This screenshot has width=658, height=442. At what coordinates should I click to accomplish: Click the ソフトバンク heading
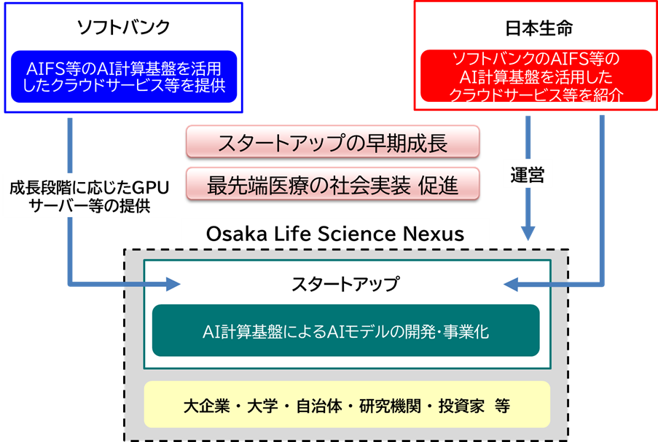coord(123,28)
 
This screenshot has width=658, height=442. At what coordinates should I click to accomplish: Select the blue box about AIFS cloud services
coord(123,76)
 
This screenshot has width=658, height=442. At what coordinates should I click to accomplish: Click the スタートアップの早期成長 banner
coord(333,142)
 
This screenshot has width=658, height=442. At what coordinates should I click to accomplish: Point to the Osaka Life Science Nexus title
coord(335,234)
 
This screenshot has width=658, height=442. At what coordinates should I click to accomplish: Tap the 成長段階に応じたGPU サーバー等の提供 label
coord(89,197)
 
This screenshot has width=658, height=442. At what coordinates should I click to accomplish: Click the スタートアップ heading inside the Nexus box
coord(345,284)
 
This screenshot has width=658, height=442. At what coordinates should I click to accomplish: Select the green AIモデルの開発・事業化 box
coord(345,331)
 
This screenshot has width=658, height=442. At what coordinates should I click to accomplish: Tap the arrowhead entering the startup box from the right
coord(512,283)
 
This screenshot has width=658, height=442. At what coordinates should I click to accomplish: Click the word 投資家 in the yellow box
coord(461,406)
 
